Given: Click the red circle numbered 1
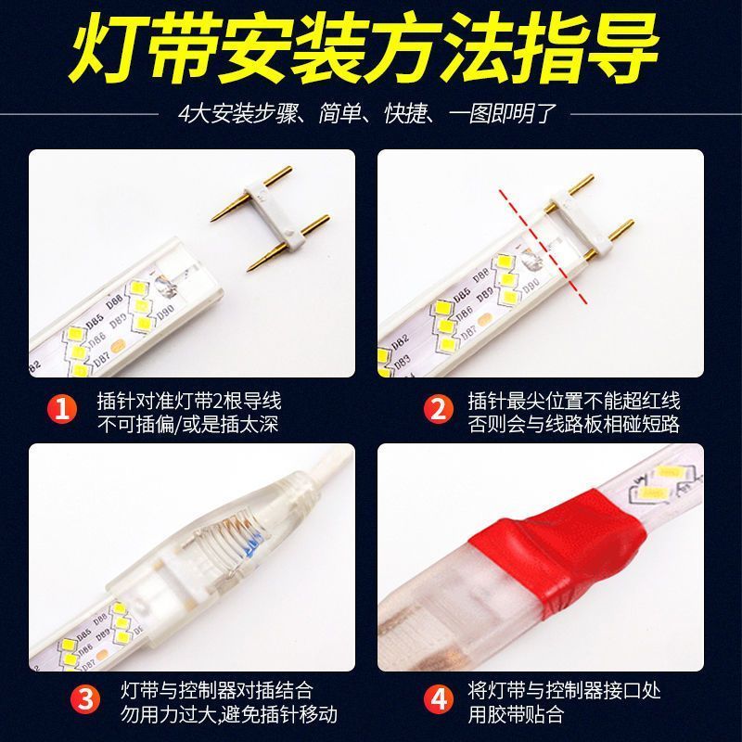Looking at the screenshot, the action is [62, 409].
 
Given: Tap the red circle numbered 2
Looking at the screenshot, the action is [438, 409].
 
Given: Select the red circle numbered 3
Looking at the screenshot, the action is [85, 698].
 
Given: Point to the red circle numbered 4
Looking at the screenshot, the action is [438, 698].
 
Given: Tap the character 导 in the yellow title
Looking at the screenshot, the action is [622, 50].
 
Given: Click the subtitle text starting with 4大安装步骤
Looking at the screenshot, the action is [366, 114].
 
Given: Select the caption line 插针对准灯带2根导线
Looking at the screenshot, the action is [189, 401].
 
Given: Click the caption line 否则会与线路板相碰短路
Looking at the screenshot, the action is [574, 424].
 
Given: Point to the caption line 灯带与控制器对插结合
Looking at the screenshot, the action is [217, 690].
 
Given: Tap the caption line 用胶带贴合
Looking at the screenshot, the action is [517, 713].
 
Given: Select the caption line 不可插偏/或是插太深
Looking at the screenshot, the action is [187, 424].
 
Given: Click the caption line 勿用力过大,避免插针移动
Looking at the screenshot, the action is [228, 713].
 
